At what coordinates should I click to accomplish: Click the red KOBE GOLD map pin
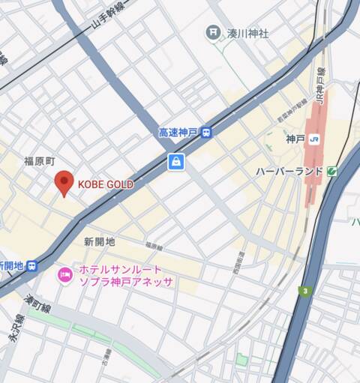[64, 182]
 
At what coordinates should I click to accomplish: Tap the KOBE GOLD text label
[106, 184]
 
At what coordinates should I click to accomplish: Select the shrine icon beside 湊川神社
[213, 32]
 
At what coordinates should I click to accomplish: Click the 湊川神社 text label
[247, 33]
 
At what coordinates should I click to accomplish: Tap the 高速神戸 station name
[178, 133]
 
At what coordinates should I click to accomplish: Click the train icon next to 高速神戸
[205, 133]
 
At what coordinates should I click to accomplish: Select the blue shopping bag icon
[175, 161]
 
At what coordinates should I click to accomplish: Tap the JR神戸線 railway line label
[320, 86]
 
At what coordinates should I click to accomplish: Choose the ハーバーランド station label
[289, 172]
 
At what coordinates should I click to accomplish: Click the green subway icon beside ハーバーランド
[331, 172]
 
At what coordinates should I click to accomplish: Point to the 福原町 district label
[40, 161]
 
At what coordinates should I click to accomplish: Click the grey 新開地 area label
[100, 241]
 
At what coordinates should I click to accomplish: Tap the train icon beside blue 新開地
[31, 265]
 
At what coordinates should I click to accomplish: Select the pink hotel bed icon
[65, 275]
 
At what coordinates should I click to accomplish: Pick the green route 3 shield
[305, 290]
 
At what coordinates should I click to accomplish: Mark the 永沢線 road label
[16, 329]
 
